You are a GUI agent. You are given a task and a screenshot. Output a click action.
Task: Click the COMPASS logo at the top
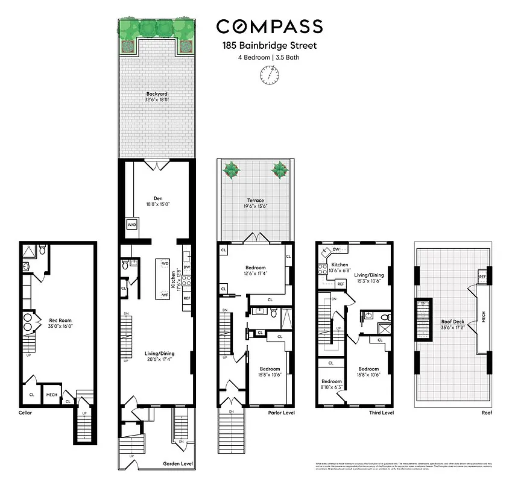[269, 27]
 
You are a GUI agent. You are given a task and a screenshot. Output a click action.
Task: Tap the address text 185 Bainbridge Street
[269, 45]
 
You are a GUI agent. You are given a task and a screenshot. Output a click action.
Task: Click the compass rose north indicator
[269, 75]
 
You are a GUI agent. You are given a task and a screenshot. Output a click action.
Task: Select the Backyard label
[156, 97]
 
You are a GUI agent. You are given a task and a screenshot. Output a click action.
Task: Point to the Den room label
[158, 200]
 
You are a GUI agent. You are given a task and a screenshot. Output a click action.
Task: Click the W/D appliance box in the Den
[131, 224]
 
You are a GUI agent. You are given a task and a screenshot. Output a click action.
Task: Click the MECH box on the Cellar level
[52, 395]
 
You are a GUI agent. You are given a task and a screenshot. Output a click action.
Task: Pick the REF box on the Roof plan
[482, 277]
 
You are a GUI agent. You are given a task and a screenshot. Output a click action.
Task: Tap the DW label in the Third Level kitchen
[336, 248]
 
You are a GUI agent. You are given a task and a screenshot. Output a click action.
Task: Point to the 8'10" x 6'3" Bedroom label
[330, 384]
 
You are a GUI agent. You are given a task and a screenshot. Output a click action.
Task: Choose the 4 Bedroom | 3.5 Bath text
[269, 58]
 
